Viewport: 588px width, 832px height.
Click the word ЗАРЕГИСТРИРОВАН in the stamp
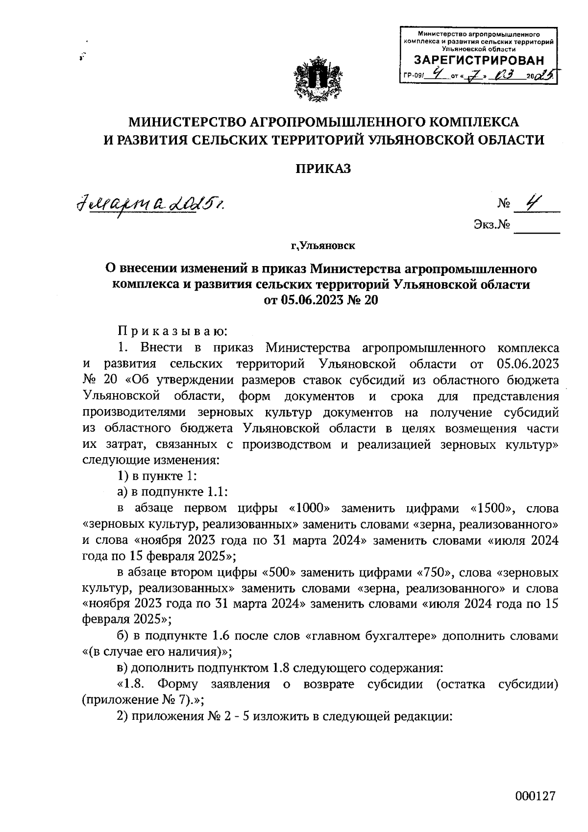(x=479, y=61)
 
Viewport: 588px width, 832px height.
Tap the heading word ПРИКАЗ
(x=323, y=169)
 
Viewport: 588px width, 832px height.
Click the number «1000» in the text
(x=311, y=509)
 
